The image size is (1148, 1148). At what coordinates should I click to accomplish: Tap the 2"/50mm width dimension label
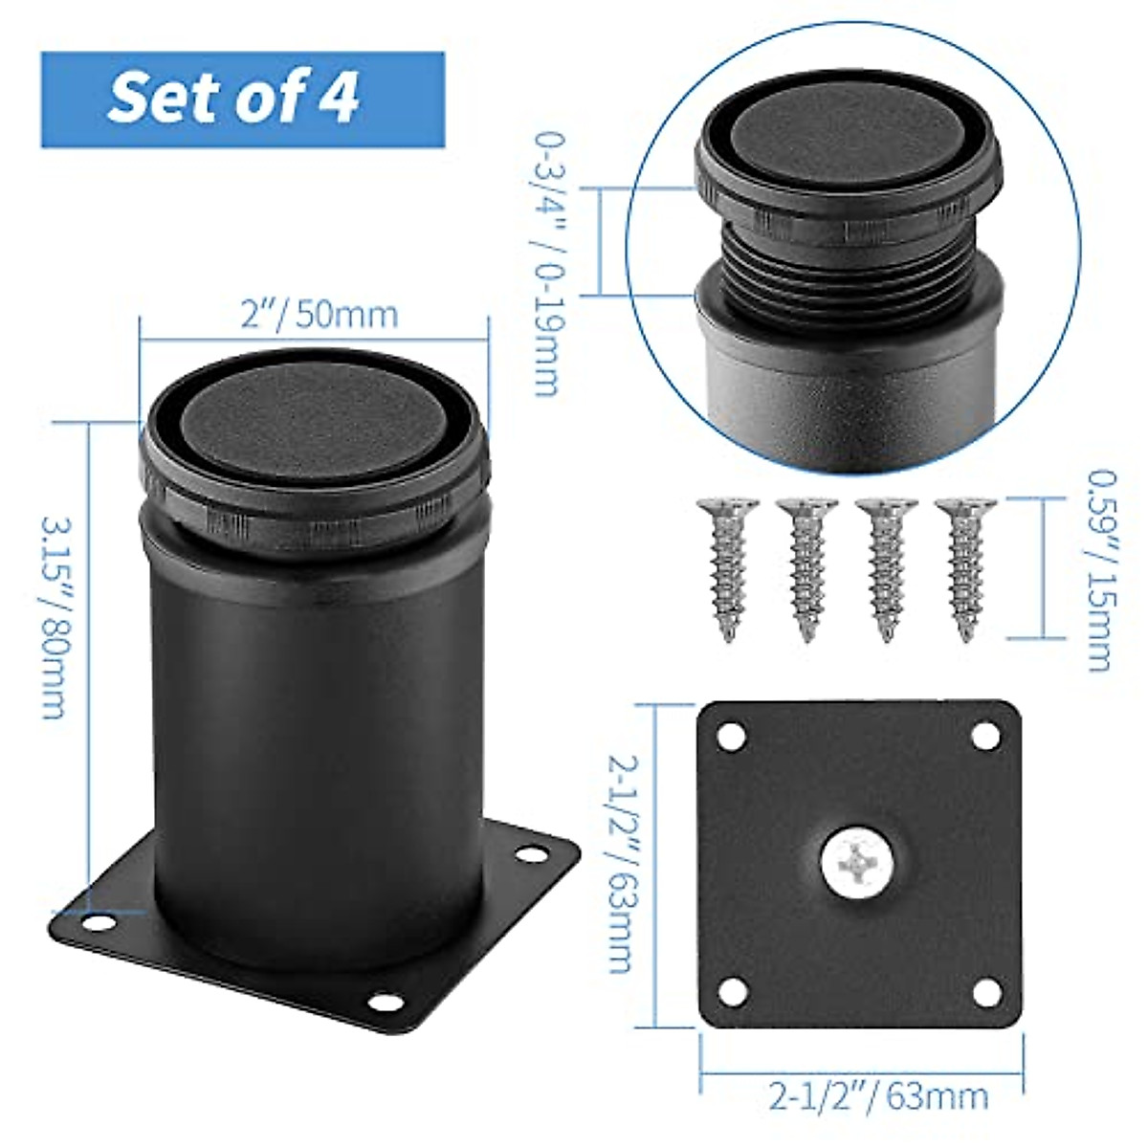pos(319,314)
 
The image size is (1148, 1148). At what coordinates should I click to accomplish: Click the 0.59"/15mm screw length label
pos(1100,568)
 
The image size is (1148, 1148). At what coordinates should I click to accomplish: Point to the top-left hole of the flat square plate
pos(733,737)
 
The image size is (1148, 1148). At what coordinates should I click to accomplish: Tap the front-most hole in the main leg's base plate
pos(384,1002)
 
